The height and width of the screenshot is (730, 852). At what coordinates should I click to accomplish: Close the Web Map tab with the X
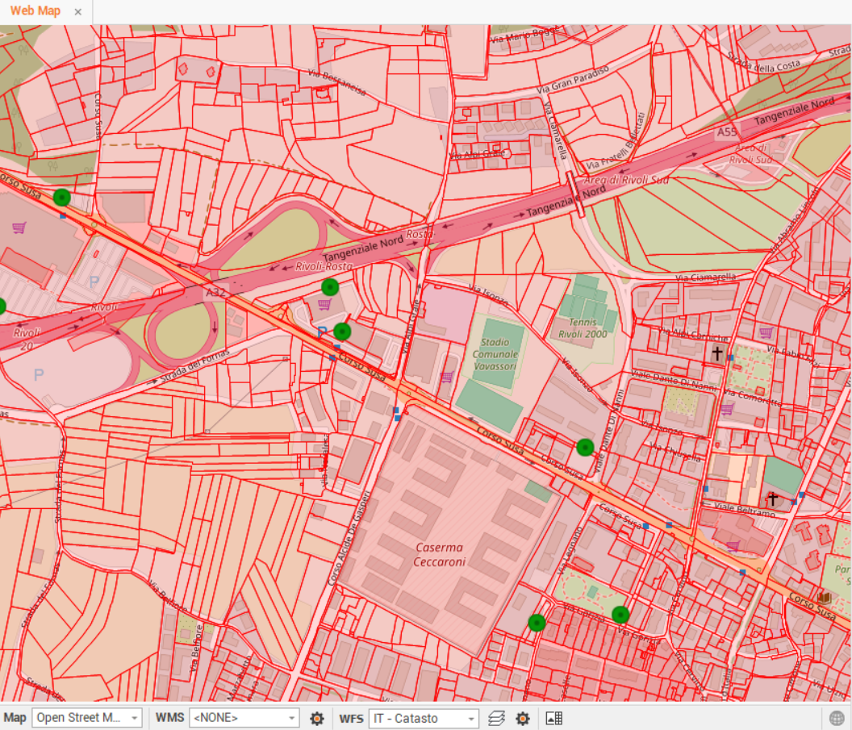pyautogui.click(x=77, y=12)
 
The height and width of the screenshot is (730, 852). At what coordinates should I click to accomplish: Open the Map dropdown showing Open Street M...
pyautogui.click(x=87, y=718)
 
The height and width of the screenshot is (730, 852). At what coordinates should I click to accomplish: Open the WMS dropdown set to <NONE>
pyautogui.click(x=244, y=718)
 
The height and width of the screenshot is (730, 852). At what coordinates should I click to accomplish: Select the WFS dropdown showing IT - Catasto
pyautogui.click(x=424, y=718)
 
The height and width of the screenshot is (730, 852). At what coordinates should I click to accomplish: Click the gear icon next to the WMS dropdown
pyautogui.click(x=317, y=718)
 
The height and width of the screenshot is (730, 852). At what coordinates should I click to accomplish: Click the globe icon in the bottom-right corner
pyautogui.click(x=837, y=718)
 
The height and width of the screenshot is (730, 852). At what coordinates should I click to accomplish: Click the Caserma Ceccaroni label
pyautogui.click(x=441, y=555)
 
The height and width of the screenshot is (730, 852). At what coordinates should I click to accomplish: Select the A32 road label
pyautogui.click(x=215, y=292)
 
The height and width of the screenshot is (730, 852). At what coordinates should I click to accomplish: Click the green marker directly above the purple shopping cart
pyautogui.click(x=329, y=287)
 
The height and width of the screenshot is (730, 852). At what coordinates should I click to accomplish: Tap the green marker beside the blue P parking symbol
pyautogui.click(x=342, y=331)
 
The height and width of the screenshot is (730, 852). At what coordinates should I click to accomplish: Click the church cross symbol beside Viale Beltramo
pyautogui.click(x=772, y=499)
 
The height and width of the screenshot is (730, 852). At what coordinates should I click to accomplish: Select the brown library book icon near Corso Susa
pyautogui.click(x=824, y=598)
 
